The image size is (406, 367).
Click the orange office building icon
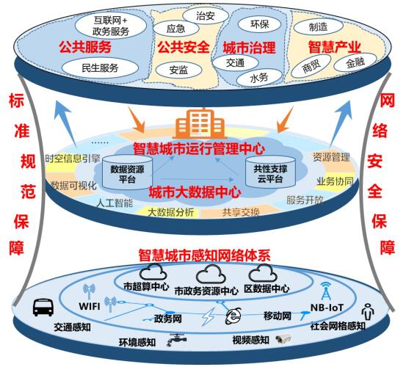coord(200,124)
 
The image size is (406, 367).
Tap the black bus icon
coord(43,308)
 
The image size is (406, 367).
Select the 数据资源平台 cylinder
coord(127,172)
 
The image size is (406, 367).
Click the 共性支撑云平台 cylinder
coord(270,171)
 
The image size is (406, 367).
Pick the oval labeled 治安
coord(206,16)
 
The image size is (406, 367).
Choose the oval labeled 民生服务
coord(100,68)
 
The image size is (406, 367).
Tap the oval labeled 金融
coord(355,62)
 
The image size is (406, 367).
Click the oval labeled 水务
coord(258,78)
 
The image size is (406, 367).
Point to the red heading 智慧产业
coord(334,46)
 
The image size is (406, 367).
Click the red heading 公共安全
coord(184,47)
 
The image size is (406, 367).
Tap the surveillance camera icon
coord(283,339)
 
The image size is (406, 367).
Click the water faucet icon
coord(176,339)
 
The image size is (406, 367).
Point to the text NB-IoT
coord(327,308)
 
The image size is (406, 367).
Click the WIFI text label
coord(90,306)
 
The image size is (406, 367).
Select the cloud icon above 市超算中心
coord(153,272)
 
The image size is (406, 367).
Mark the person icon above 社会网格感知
coord(368,312)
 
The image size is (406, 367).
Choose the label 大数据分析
coord(170,212)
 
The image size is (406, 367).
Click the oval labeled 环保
coord(259,24)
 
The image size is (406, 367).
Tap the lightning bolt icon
coord(209,316)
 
